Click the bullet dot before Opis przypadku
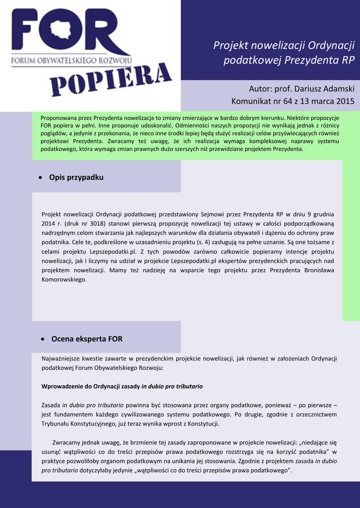(41, 178)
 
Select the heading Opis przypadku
(76, 177)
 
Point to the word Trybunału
(57, 424)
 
